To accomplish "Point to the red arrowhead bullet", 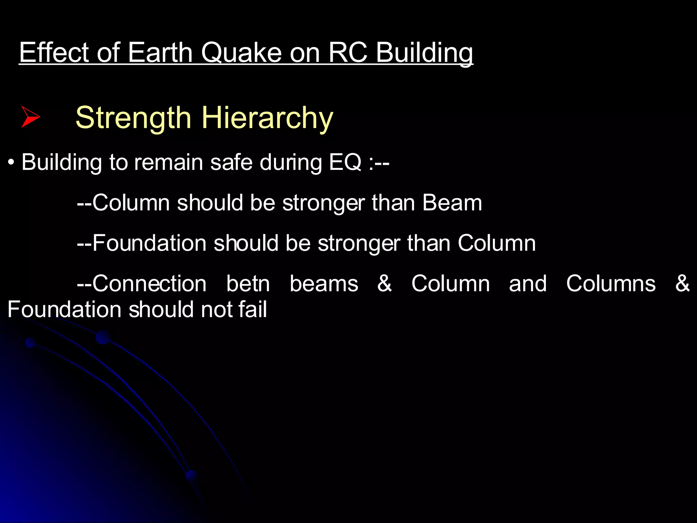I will [30, 117].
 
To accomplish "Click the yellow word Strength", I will [133, 117].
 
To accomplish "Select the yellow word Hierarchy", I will [268, 118].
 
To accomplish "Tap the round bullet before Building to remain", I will [12, 163].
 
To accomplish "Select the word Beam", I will [452, 203].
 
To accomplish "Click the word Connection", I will [149, 284].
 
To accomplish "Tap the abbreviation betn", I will [248, 284].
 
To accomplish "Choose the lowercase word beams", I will [324, 284].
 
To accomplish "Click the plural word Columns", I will [611, 284].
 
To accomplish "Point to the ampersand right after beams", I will [385, 284].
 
